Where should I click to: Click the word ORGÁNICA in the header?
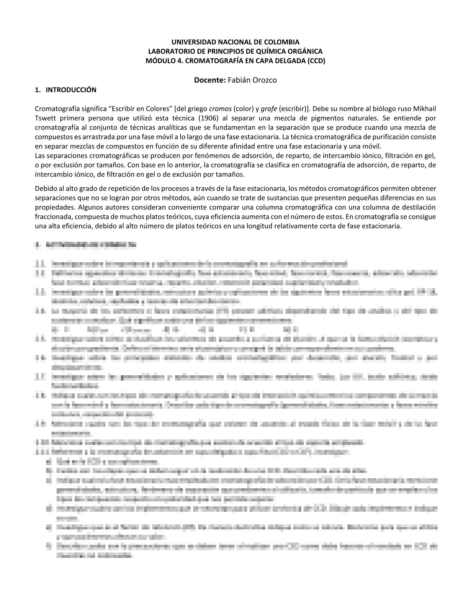[x=303, y=51]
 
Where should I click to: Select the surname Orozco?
[x=264, y=80]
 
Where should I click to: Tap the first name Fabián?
[x=238, y=80]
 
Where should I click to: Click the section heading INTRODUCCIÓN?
[x=71, y=90]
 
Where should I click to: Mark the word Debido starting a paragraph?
[x=45, y=188]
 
